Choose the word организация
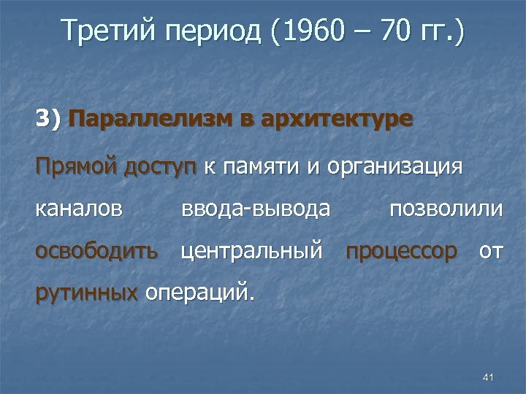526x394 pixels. coord(395,169)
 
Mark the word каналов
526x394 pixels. coord(79,209)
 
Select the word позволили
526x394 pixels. coord(446,209)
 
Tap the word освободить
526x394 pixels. coord(96,252)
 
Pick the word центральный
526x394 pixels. coord(252,252)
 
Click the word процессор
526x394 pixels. coord(402,252)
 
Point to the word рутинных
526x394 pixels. coord(86,294)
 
